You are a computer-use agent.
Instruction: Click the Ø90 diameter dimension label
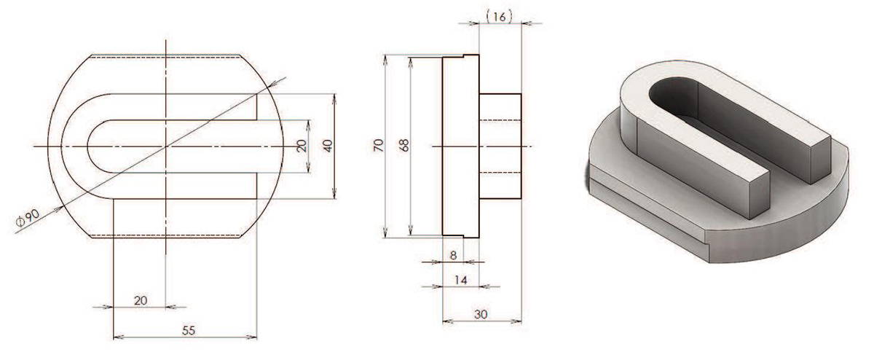[28, 218]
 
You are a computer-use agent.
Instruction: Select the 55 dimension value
[189, 331]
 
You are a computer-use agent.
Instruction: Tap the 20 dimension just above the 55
[141, 301]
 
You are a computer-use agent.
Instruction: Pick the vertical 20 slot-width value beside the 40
[302, 146]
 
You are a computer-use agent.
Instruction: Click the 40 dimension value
[328, 146]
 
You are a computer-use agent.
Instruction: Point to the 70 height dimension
[379, 146]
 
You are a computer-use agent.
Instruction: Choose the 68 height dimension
[404, 146]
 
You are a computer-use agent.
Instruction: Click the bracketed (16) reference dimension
[500, 16]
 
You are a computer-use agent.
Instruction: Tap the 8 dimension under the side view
[453, 255]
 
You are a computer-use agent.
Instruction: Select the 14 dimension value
[460, 280]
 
